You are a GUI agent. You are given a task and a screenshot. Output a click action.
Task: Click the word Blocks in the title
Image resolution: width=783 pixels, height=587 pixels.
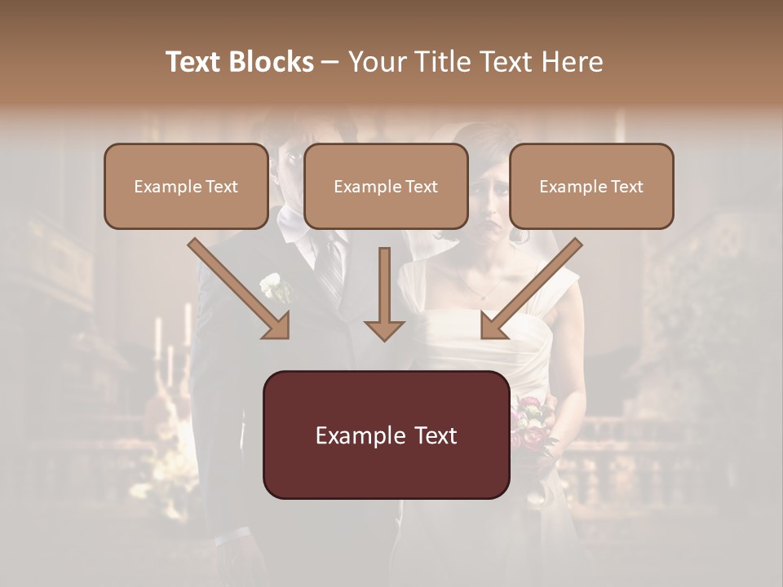point(273,62)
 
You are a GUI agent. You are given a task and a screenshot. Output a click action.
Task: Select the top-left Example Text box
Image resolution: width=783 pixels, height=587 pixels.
point(186,187)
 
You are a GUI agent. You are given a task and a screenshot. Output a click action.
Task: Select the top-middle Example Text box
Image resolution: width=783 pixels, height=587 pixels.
point(386,187)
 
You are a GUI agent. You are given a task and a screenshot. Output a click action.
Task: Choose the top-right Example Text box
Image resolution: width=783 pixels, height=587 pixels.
point(591,187)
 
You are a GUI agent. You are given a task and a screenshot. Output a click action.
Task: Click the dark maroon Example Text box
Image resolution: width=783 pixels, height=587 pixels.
point(386,435)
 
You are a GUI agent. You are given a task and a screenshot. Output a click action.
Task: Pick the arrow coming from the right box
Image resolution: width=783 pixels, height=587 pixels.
point(530,289)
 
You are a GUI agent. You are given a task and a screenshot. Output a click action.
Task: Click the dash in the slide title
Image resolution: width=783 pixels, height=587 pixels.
point(330,62)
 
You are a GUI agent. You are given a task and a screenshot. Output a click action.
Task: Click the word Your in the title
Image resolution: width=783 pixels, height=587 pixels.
point(374,62)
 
